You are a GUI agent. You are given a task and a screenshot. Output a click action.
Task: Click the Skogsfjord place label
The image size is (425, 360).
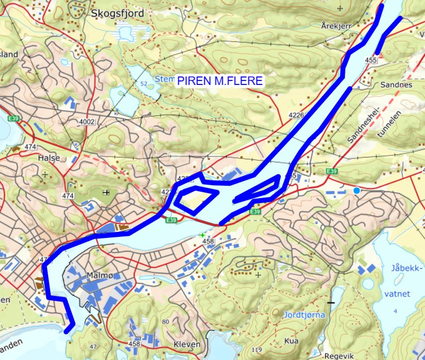[118, 14]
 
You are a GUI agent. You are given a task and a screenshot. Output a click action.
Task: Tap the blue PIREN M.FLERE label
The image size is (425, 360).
[220, 81]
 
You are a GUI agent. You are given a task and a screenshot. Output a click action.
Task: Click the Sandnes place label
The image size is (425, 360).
[396, 85]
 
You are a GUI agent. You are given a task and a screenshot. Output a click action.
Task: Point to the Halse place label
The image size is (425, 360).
[49, 158]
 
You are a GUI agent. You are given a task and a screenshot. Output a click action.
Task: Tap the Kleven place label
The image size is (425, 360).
[187, 344]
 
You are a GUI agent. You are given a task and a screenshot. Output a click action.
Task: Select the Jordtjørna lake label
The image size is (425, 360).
[304, 315]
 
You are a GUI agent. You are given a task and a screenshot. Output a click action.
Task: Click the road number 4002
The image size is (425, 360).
[86, 121]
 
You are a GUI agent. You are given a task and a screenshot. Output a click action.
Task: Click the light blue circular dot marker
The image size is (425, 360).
[356, 191]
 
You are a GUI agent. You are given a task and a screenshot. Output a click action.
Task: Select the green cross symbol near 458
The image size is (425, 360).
[202, 234]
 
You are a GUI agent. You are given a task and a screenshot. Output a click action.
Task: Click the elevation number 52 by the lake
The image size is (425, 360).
[145, 84]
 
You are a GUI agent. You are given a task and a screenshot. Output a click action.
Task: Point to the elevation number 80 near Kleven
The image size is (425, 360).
[166, 321]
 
